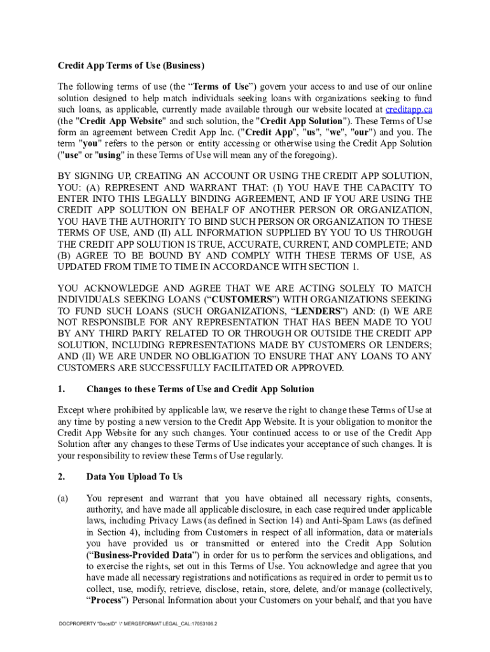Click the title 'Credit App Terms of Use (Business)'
tap(131, 66)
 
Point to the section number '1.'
tap(61, 389)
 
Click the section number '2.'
tap(61, 476)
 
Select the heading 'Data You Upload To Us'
tap(134, 476)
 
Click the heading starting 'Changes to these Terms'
tap(200, 389)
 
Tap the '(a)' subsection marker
tap(63, 498)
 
